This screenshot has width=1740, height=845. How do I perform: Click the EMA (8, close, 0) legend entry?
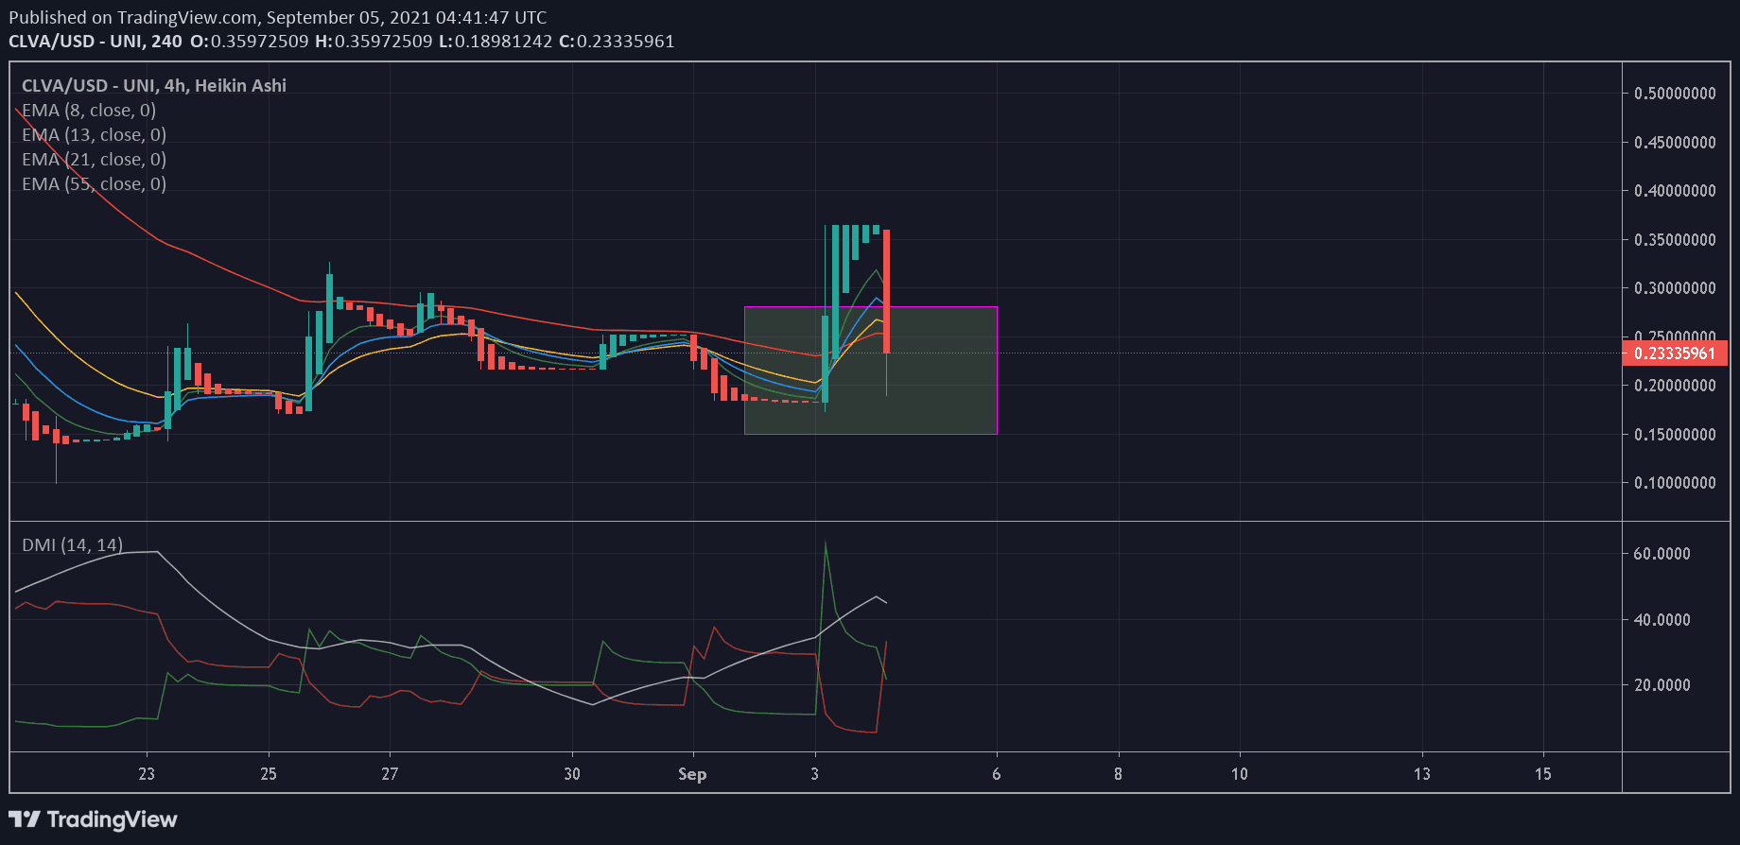pos(89,111)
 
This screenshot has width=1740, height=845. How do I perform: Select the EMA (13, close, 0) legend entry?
pos(94,135)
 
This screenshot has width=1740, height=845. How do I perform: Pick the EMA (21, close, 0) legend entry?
pos(94,160)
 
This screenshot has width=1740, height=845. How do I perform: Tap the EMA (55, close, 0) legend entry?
pos(94,184)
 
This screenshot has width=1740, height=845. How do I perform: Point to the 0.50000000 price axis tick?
pos(1675,94)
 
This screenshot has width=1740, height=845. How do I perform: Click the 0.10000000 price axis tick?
pos(1675,483)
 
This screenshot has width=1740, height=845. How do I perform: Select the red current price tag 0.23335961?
pos(1675,354)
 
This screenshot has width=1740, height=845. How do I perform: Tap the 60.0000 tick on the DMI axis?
pos(1662,554)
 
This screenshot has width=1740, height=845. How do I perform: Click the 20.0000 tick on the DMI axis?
pos(1662,685)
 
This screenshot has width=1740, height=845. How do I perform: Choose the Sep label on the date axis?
pos(692,774)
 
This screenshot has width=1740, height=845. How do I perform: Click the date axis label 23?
pos(147,774)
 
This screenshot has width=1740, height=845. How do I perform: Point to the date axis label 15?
pos(1543,774)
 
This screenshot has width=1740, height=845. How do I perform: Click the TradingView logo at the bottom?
pos(94,819)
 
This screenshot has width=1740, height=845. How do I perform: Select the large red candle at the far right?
pos(886,291)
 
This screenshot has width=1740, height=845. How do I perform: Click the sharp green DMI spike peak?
pos(826,543)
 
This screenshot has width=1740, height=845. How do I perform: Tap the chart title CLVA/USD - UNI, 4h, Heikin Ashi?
pos(154,86)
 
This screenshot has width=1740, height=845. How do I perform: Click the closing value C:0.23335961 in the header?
pos(617,42)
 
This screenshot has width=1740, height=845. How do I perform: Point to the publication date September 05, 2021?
pos(348,17)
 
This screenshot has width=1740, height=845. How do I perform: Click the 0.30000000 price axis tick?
pos(1675,288)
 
